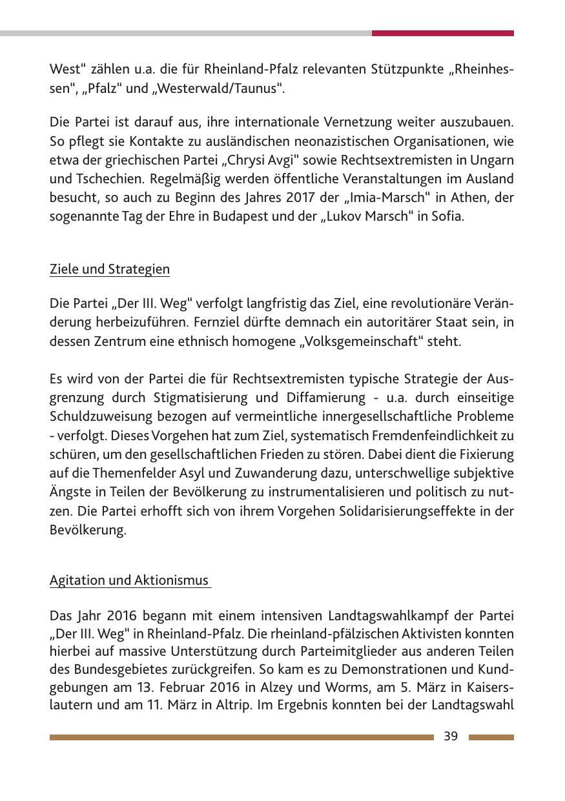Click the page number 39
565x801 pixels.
[451, 736]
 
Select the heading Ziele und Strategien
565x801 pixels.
[110, 269]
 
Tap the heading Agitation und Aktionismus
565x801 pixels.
[130, 580]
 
